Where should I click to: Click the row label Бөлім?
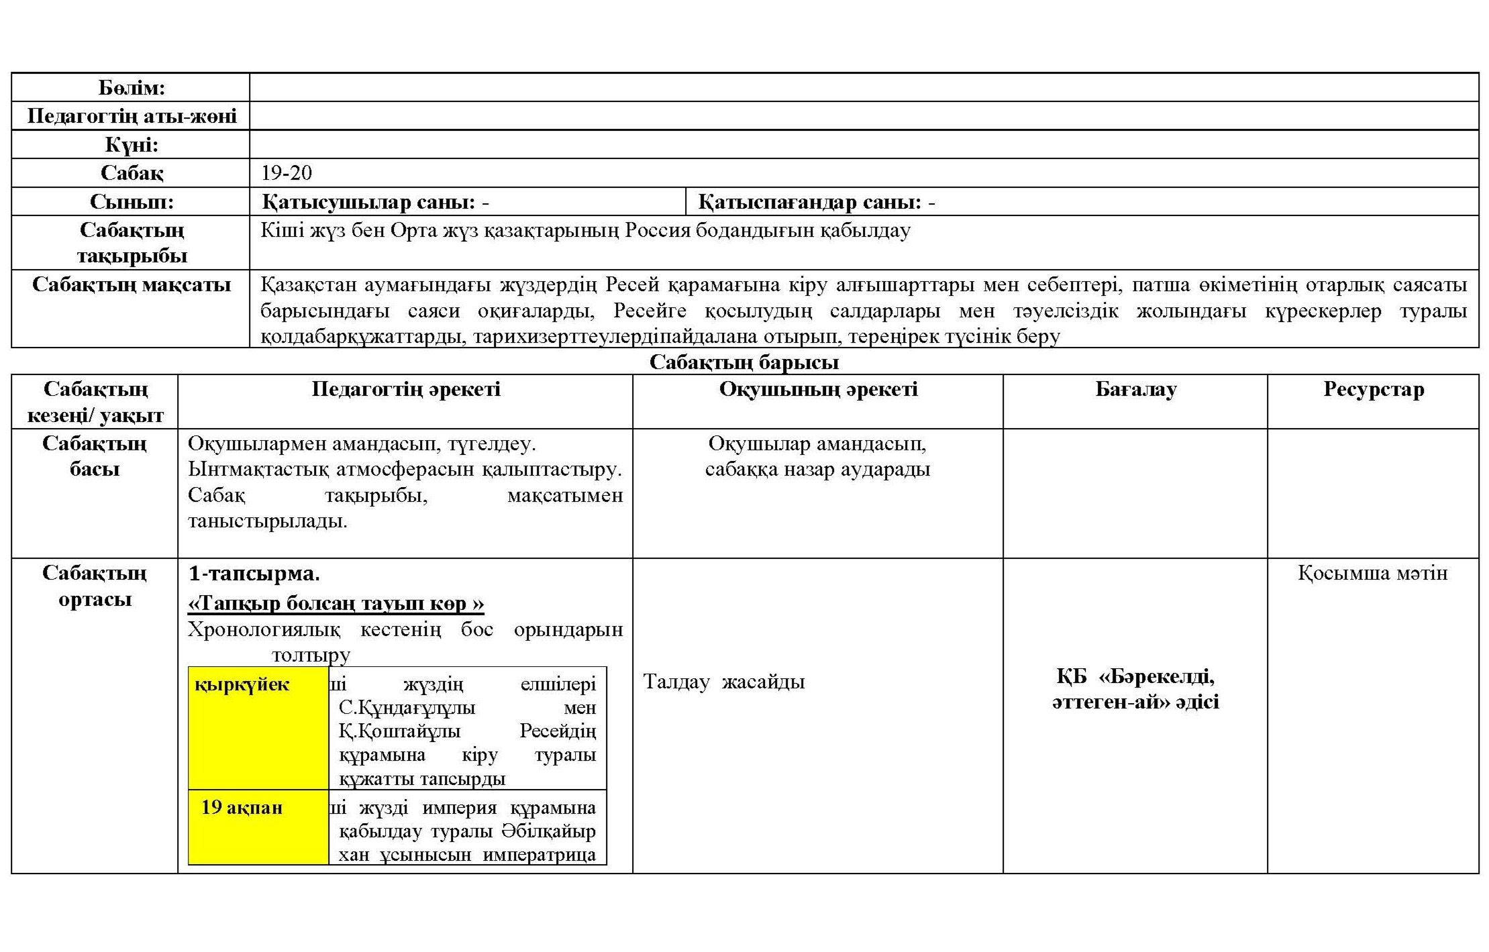click(x=132, y=88)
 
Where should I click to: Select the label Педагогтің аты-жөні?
click(x=132, y=117)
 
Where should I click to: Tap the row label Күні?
click(x=132, y=145)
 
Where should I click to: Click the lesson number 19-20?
click(x=287, y=173)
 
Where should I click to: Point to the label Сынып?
click(x=132, y=202)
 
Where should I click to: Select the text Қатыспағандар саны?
click(x=809, y=202)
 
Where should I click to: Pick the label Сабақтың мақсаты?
click(x=132, y=284)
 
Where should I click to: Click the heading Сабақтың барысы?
click(x=743, y=362)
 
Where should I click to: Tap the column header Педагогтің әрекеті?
click(x=406, y=389)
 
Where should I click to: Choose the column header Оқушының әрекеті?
click(x=818, y=389)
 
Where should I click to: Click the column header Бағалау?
click(x=1135, y=389)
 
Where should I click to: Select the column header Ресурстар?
click(x=1373, y=389)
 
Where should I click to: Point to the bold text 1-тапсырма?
click(x=254, y=574)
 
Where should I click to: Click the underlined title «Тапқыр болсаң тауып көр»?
click(x=336, y=603)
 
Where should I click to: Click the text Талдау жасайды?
click(x=724, y=682)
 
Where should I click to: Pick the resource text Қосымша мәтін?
click(x=1372, y=573)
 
